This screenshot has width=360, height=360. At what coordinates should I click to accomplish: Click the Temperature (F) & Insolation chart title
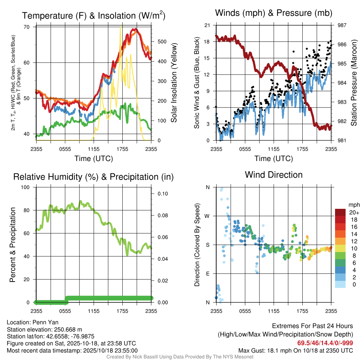tap(94, 16)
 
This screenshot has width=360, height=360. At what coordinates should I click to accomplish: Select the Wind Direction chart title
tap(274, 175)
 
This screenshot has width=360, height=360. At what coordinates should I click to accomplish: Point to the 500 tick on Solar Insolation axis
tap(162, 41)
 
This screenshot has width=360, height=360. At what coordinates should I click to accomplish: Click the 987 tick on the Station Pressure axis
tap(342, 25)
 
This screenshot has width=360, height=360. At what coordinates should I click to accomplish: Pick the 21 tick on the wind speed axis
tap(207, 25)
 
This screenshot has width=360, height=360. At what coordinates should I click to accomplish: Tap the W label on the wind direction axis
tap(207, 216)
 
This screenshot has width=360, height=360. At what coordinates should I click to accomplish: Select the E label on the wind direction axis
tap(208, 274)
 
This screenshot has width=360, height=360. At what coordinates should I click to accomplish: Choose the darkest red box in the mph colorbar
tap(340, 212)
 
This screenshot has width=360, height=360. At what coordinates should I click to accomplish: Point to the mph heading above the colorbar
tap(353, 205)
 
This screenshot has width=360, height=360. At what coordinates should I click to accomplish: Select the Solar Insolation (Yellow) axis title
tap(174, 83)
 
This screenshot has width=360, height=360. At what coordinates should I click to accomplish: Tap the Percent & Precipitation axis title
tap(13, 245)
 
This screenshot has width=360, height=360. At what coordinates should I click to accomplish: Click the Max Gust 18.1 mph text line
tap(296, 350)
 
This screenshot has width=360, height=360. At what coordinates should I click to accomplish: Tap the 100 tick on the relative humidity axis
tap(26, 187)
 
